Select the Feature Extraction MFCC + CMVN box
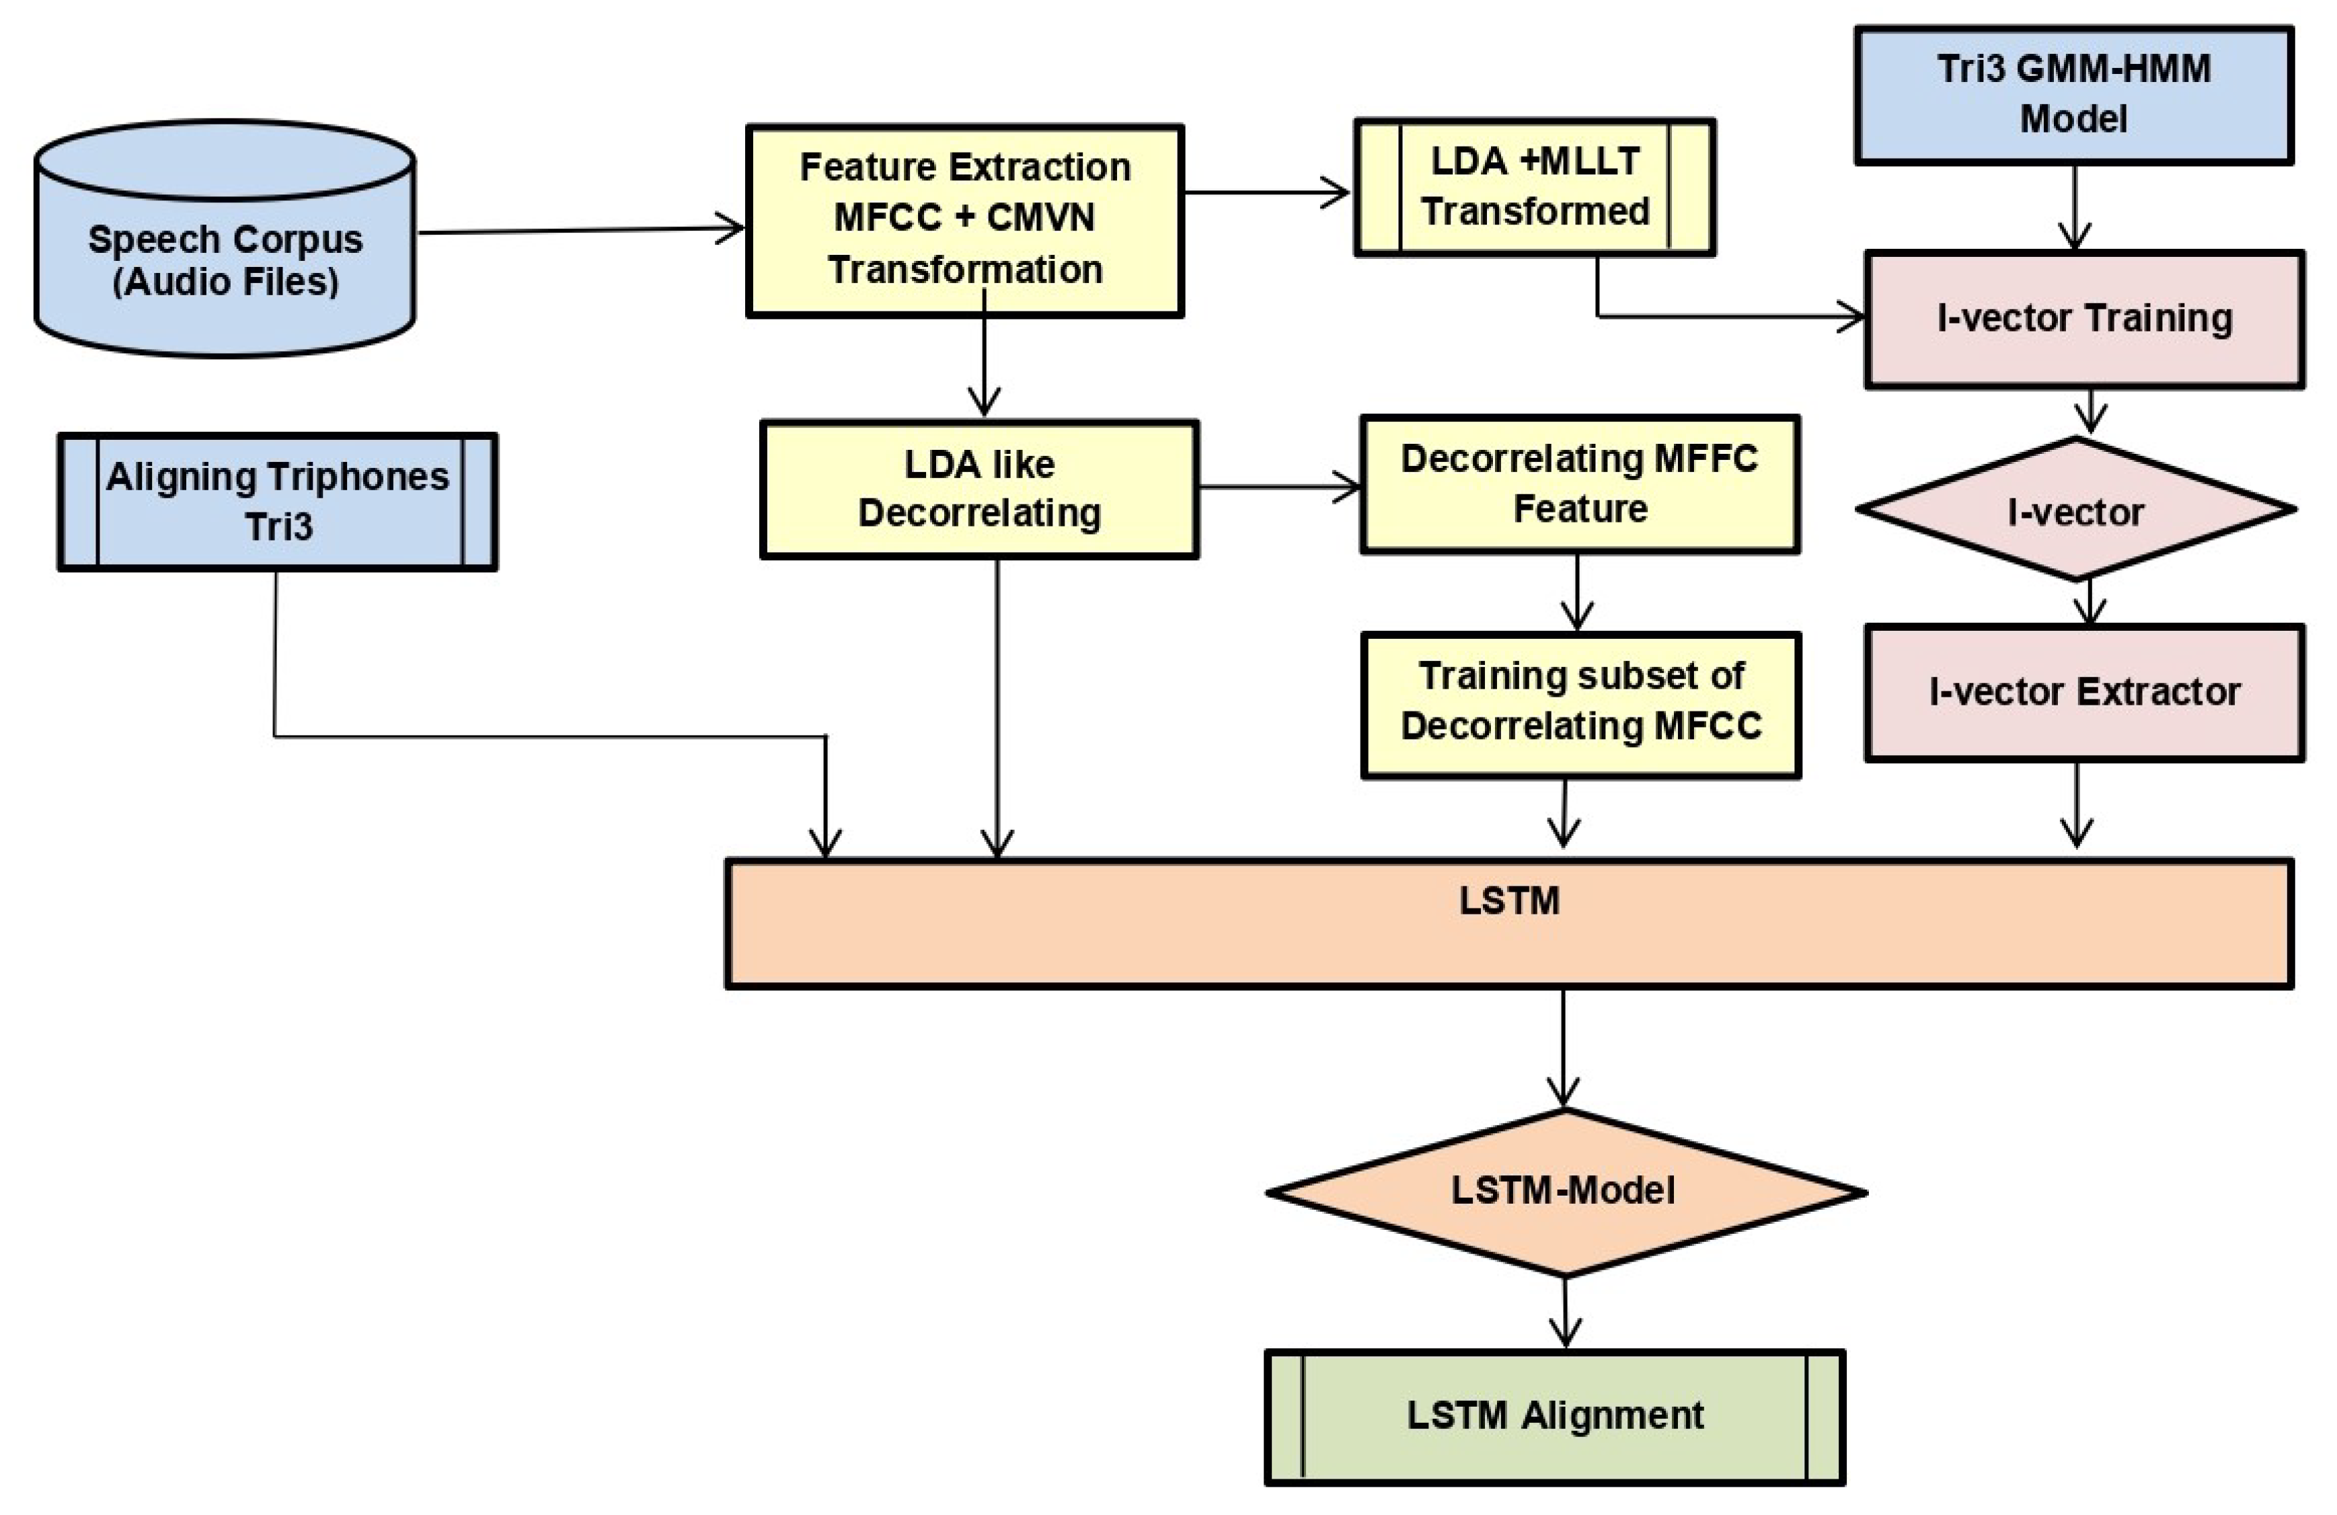pos(964,220)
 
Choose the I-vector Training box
pos(2083,319)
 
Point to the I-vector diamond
pos(2075,510)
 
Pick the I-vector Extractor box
pos(2083,692)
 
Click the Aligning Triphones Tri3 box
pos(278,502)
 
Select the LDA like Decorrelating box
pos(979,489)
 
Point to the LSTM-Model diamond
pos(1564,1191)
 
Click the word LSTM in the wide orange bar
pos(1509,901)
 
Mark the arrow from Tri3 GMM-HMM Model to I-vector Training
pos(2074,207)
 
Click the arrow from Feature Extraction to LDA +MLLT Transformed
pos(1267,192)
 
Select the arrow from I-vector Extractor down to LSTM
pos(2077,805)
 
